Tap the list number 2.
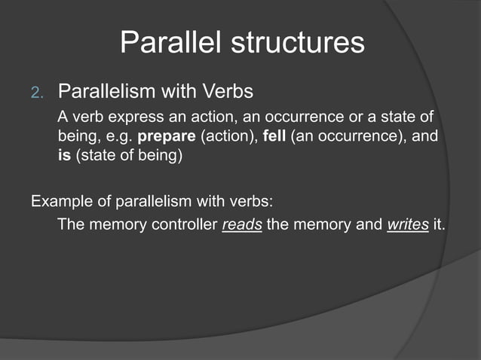pos(38,93)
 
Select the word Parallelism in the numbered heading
pos(106,92)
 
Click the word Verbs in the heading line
pos(228,92)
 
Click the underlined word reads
pos(242,225)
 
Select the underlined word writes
pos(407,225)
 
